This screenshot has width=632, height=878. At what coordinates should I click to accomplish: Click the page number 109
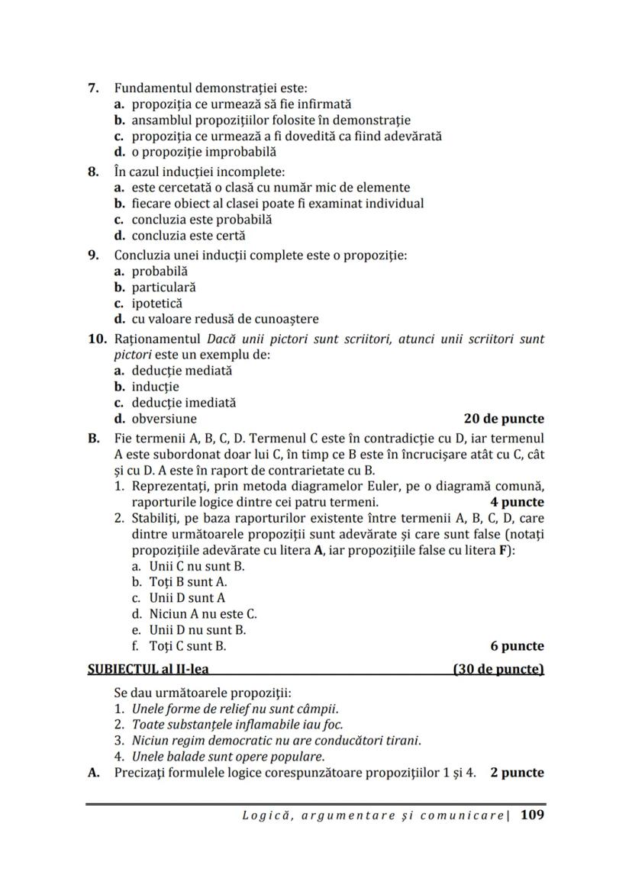point(532,815)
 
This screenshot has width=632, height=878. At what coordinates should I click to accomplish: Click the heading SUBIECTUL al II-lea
point(149,669)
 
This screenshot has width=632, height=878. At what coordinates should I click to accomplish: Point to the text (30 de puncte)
point(498,669)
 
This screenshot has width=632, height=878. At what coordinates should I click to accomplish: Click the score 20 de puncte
point(504,419)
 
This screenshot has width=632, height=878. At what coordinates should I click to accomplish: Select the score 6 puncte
point(517,646)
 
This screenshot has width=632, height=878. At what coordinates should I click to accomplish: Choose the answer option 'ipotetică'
point(157,303)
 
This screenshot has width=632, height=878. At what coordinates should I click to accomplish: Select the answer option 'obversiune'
point(164,419)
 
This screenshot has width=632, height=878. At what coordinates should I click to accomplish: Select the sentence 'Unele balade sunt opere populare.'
point(228,757)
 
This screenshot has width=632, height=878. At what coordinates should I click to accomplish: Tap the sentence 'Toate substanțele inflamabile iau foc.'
point(237,725)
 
